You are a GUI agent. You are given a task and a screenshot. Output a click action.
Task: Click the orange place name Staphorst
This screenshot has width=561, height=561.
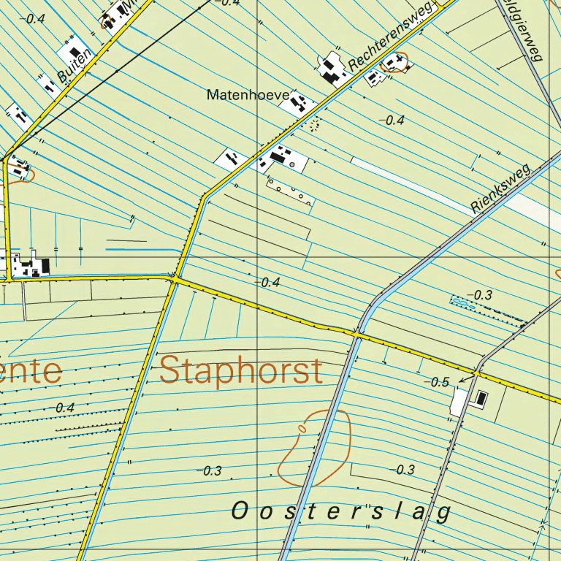tap(241, 370)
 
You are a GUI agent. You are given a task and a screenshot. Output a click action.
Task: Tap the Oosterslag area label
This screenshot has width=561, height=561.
tap(341, 512)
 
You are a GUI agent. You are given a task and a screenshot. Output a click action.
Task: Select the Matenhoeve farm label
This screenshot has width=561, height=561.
tap(248, 95)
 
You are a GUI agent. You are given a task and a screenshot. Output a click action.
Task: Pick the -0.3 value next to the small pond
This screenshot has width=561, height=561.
tap(482, 294)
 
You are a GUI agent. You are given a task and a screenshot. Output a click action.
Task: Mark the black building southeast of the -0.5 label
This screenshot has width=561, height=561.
tap(481, 398)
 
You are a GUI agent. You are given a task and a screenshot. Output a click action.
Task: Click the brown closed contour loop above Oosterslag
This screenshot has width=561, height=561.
tap(314, 447)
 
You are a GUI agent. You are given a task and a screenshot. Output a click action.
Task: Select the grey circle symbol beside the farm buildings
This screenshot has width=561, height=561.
tap(292, 165)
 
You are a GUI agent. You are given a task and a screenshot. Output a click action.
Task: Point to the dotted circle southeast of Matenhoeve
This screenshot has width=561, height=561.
tap(315, 125)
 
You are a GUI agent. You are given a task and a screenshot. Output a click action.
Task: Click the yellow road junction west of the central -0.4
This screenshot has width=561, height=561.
tap(175, 278)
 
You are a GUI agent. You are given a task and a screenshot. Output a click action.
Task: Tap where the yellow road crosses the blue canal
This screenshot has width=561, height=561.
tap(357, 334)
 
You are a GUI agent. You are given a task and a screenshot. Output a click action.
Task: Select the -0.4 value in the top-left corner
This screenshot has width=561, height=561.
tap(34, 18)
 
